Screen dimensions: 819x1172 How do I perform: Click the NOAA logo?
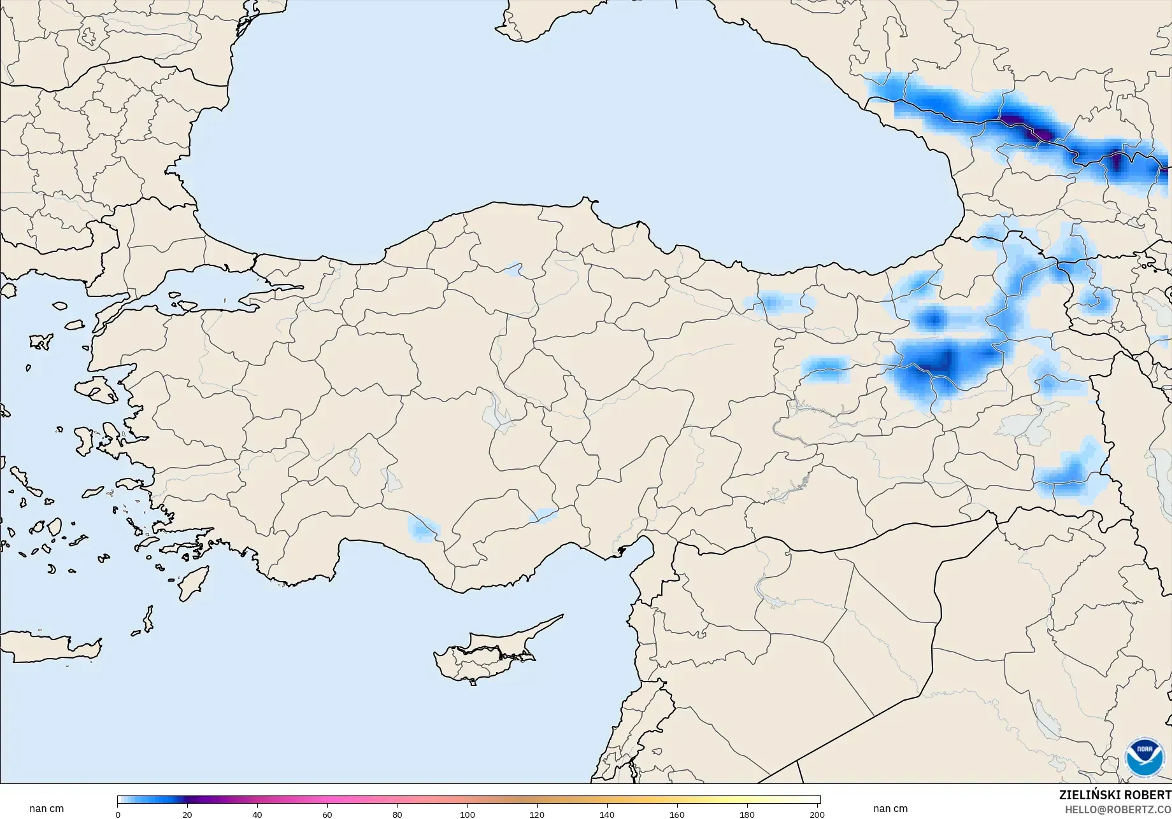(1144, 757)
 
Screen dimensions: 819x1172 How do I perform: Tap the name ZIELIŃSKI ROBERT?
(1115, 795)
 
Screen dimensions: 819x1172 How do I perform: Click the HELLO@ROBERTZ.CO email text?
(1118, 809)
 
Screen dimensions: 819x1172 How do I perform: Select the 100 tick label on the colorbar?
(468, 815)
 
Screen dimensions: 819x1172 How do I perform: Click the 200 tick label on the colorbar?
(817, 815)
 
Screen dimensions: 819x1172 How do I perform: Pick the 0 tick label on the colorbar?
(118, 815)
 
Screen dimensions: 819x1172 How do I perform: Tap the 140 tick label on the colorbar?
(607, 815)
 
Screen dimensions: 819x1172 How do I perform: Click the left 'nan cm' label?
(46, 809)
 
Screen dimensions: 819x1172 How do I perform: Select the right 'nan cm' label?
(890, 809)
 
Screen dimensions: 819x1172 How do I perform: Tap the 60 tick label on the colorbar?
(327, 815)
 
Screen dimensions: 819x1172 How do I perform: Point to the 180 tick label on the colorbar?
(747, 815)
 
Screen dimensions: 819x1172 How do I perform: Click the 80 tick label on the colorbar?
(397, 815)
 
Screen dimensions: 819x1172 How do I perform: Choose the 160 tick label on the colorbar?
(677, 815)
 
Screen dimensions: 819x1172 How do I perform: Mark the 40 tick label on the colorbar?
(257, 815)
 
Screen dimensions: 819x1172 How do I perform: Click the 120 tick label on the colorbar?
(537, 815)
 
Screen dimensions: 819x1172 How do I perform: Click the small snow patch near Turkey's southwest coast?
(423, 528)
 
